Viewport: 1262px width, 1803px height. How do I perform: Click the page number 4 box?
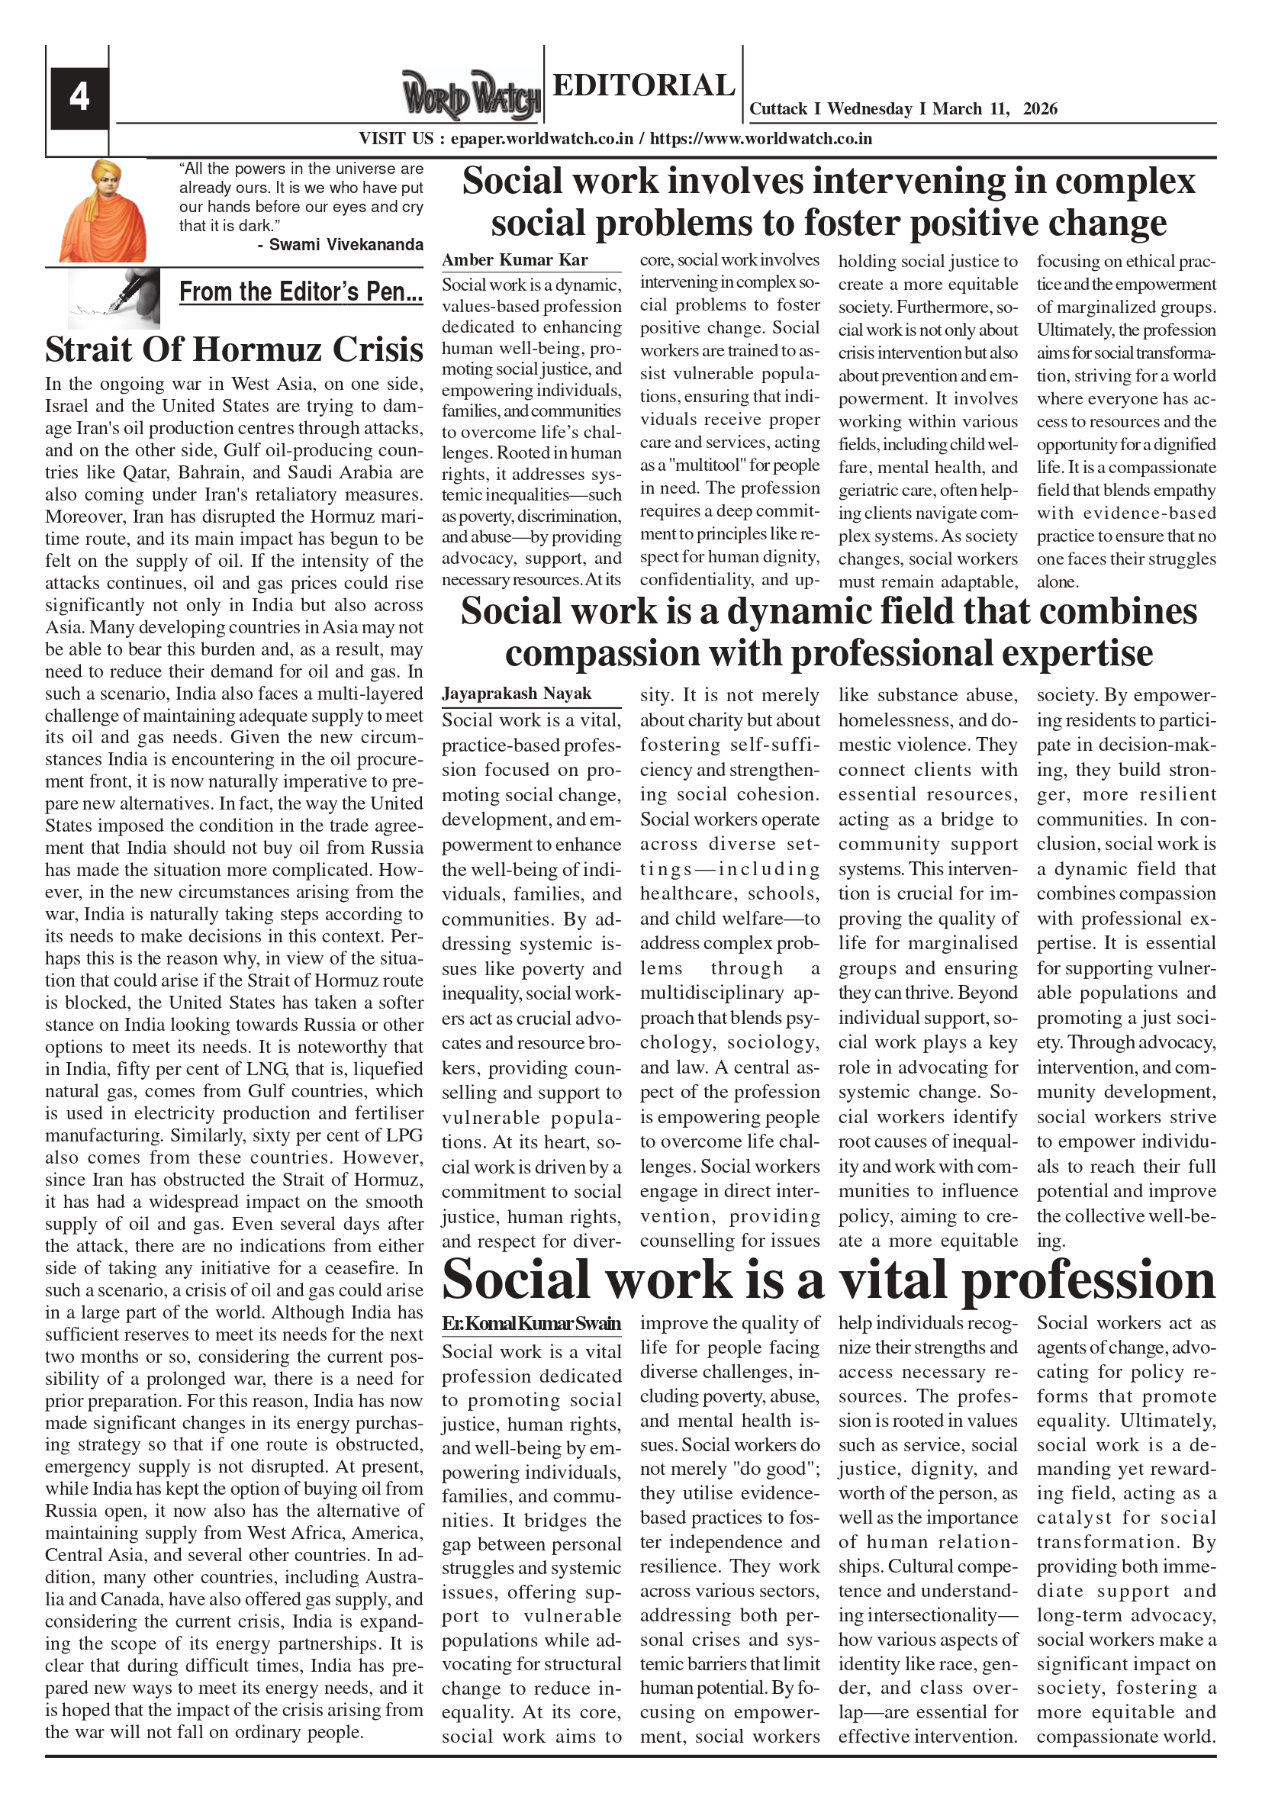tap(79, 98)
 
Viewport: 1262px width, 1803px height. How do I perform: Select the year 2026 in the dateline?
tap(1040, 109)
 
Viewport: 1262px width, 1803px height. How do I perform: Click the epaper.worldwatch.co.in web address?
tap(542, 139)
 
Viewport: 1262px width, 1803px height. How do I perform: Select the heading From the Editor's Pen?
tap(301, 291)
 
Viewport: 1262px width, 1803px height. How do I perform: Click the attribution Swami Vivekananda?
tap(346, 244)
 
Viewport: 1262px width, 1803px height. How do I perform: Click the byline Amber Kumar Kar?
tap(514, 260)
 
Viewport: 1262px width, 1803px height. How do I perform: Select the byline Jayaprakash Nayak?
tap(516, 694)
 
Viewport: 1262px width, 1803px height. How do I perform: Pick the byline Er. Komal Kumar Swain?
tap(531, 1323)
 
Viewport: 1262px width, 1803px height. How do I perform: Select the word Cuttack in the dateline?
tap(777, 109)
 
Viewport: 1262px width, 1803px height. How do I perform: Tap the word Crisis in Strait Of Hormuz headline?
tap(378, 349)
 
